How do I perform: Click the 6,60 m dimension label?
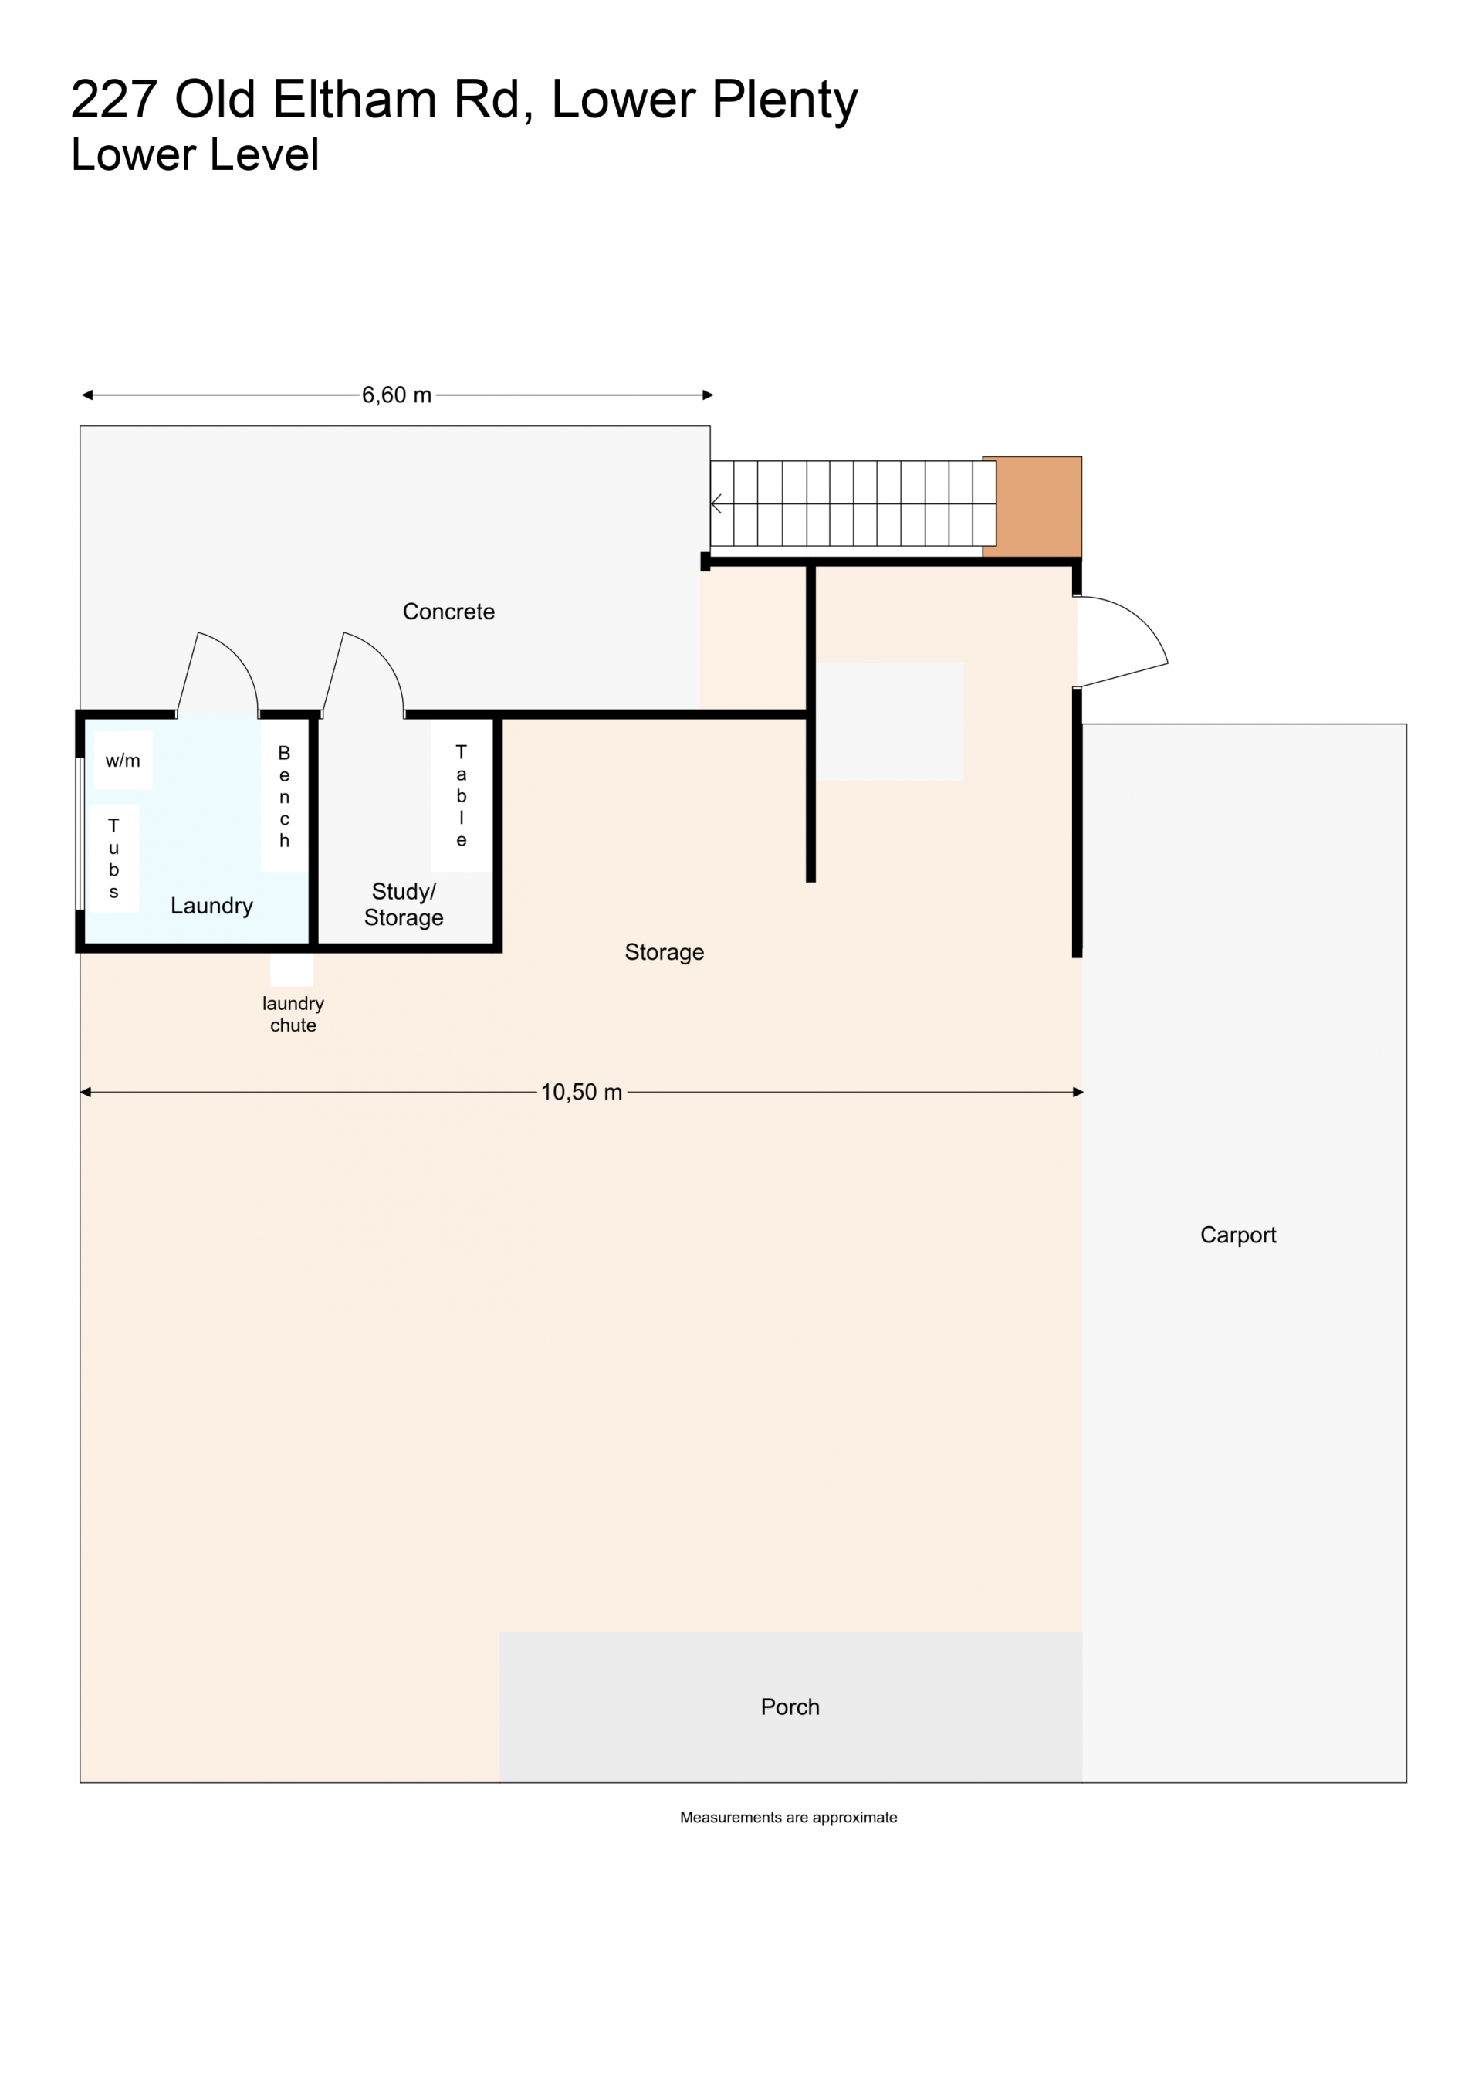[397, 395]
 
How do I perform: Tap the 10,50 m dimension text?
[581, 1092]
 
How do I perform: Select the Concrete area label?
[448, 612]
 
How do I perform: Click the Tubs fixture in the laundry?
[113, 858]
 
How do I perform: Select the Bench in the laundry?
[284, 796]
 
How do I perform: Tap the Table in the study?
[462, 796]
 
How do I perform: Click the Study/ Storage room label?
[404, 903]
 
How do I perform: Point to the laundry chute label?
[293, 1015]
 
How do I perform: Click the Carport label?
[1238, 1235]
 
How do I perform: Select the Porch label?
[790, 1707]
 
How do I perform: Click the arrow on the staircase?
[717, 503]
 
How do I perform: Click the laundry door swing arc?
[235, 659]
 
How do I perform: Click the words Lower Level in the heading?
[195, 154]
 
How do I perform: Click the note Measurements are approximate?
[789, 1818]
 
